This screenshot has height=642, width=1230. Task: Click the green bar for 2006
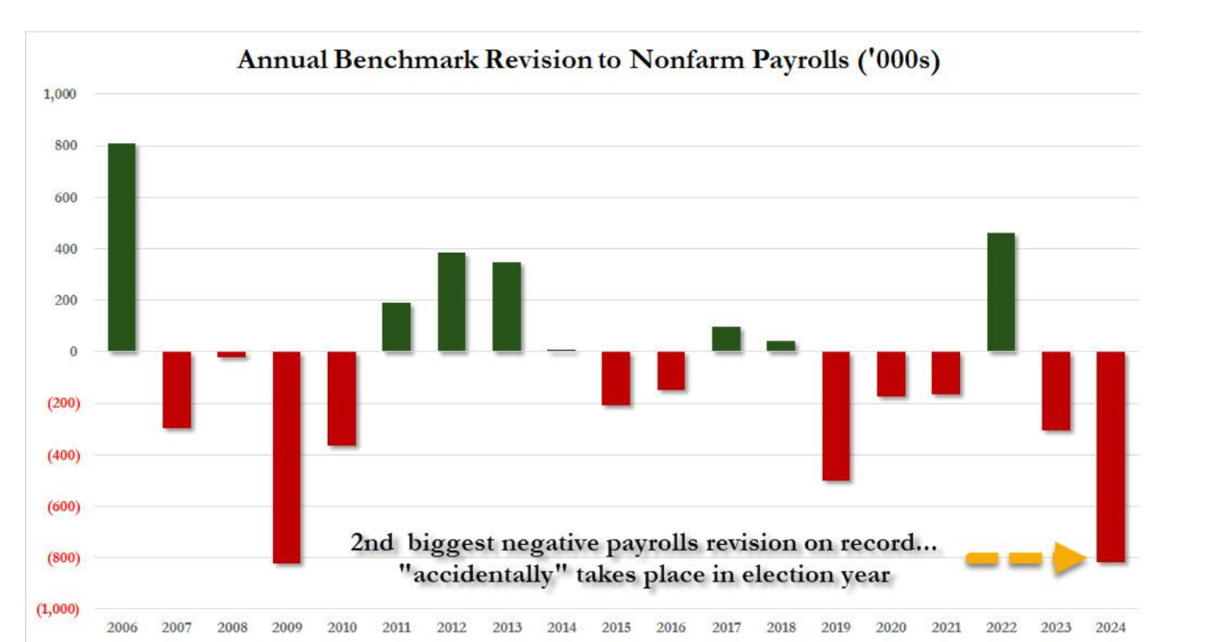122,247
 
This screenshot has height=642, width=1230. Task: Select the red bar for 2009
286,457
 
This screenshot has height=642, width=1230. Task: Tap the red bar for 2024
1110,457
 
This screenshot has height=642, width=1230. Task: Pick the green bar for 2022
1000,292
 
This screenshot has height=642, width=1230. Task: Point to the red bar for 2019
836,416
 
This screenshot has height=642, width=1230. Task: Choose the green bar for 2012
452,302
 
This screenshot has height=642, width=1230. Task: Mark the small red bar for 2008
232,355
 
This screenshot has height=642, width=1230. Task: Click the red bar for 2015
616,378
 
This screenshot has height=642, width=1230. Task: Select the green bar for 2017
726,339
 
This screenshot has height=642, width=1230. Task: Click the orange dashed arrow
1025,557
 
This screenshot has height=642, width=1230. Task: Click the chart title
587,60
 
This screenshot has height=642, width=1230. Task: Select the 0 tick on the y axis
72,352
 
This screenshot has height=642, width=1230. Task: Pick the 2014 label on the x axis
561,628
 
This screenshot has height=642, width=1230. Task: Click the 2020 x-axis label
891,628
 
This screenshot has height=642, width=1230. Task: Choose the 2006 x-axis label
122,628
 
